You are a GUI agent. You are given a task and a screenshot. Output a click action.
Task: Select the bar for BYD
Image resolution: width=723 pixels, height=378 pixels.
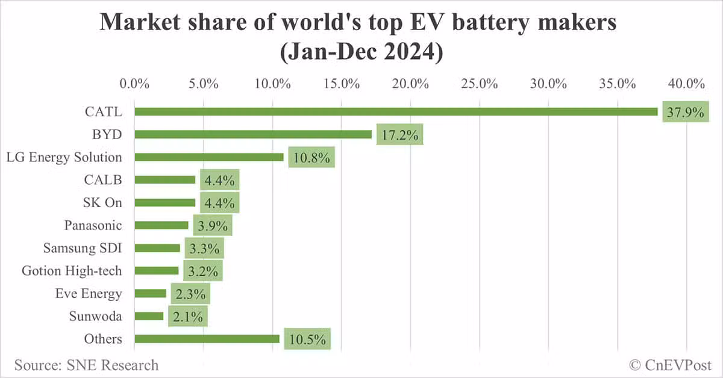point(253,134)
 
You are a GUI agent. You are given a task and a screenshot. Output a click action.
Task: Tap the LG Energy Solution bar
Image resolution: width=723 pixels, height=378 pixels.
point(209,157)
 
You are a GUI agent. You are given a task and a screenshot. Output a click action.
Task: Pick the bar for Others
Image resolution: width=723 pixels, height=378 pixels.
point(207,339)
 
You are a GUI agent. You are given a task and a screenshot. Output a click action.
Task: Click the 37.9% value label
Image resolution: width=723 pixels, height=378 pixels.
point(685,112)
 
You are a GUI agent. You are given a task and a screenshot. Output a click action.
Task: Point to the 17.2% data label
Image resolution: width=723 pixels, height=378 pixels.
point(399,135)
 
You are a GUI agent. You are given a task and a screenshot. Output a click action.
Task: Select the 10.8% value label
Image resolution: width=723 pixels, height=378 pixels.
point(311,158)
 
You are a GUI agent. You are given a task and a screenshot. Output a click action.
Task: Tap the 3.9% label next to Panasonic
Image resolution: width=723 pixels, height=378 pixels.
point(213,226)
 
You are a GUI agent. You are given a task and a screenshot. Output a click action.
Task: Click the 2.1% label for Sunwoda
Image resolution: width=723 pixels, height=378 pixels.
point(188,317)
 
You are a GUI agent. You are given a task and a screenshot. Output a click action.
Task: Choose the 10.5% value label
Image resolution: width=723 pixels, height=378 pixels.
point(307,339)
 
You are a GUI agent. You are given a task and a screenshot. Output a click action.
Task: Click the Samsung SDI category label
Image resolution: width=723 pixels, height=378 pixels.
point(83,248)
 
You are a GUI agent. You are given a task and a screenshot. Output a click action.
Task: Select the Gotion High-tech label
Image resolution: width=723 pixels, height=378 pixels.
point(72,271)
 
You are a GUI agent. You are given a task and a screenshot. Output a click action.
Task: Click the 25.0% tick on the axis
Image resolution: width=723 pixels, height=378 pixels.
point(479,84)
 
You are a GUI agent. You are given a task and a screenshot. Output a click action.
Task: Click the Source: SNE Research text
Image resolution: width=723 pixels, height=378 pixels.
point(86,365)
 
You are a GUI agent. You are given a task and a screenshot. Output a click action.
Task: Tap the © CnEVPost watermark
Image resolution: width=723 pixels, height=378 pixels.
point(670,365)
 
